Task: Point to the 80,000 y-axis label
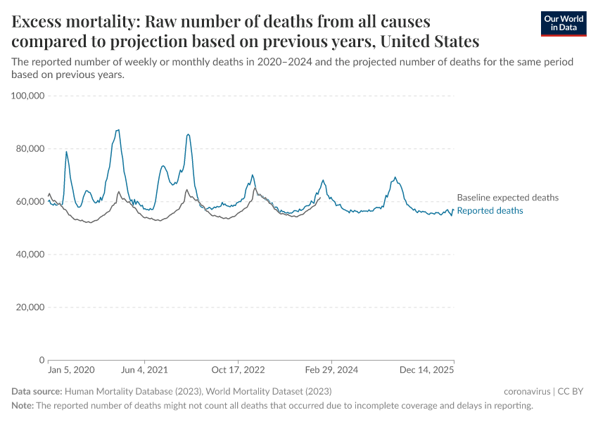28,148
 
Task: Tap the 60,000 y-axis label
28,202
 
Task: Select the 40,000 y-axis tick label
28,255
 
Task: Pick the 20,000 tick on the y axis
28,307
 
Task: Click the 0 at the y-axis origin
42,360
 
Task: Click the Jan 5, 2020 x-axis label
70,370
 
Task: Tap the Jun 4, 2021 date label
144,370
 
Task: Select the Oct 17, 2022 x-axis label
238,370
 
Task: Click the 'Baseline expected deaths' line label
507,198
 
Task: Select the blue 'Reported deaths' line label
490,211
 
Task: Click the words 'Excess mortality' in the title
65,21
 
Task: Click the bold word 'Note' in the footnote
22,406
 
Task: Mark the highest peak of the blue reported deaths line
118,129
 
